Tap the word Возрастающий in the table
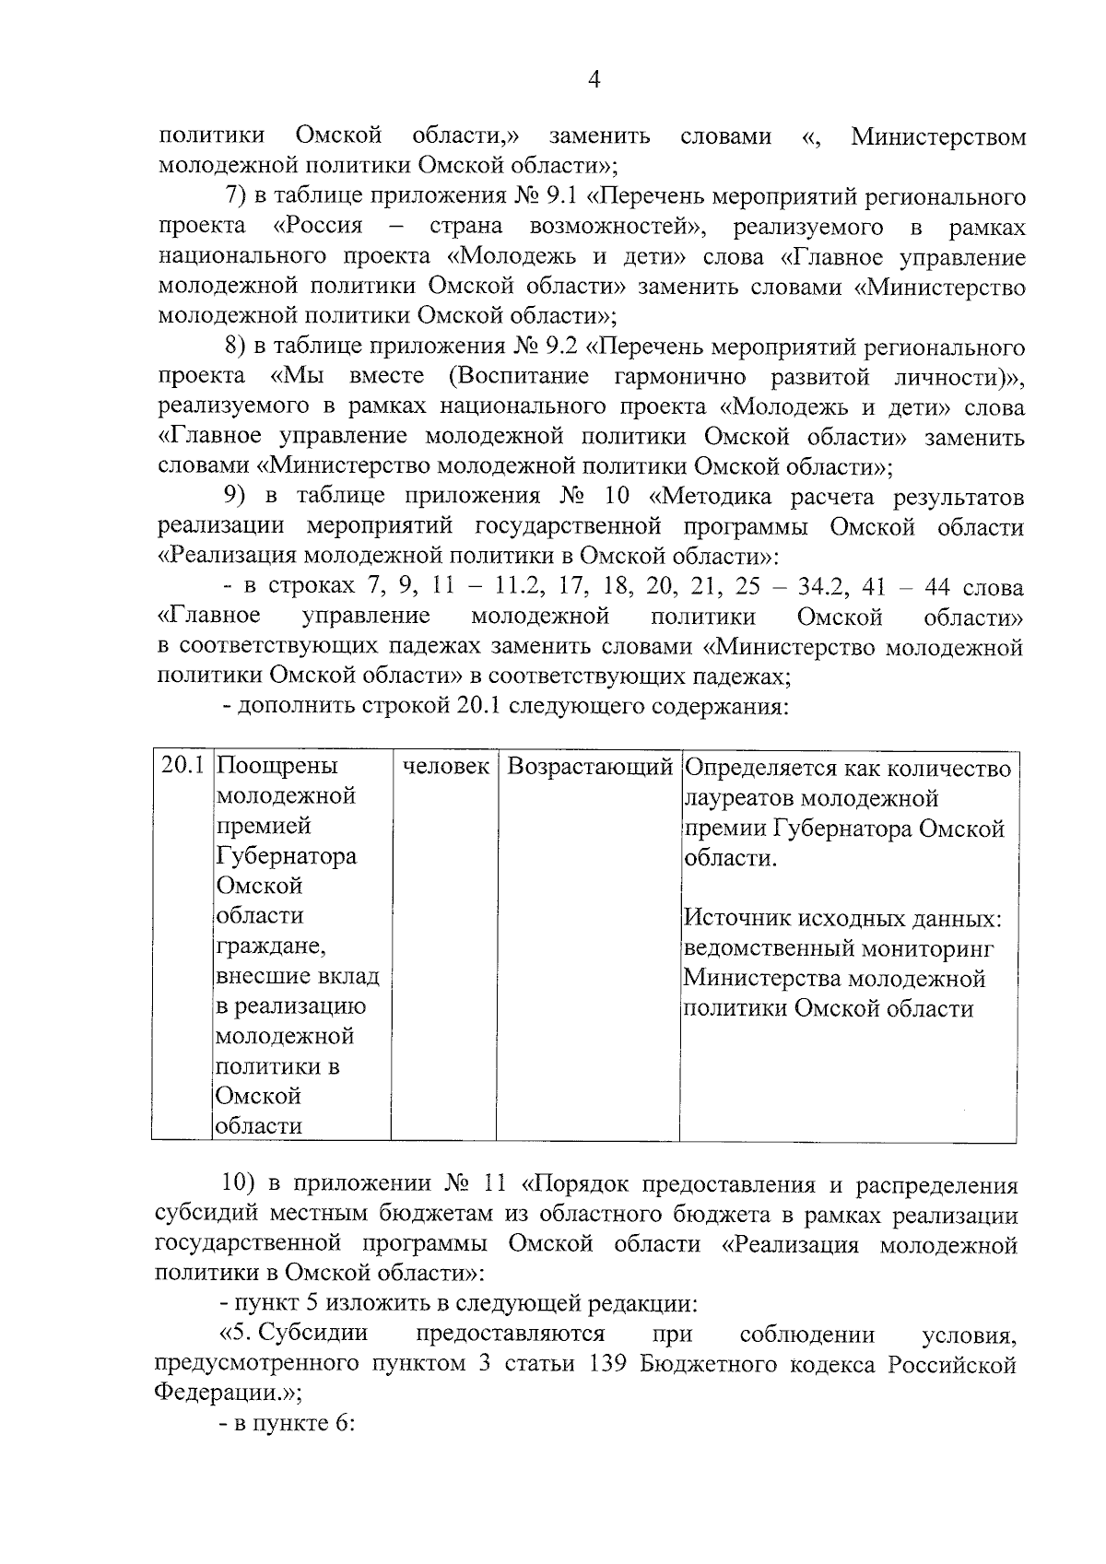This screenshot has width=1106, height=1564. [590, 767]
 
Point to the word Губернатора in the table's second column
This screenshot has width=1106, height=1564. [287, 856]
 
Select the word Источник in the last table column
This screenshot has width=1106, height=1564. [735, 919]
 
